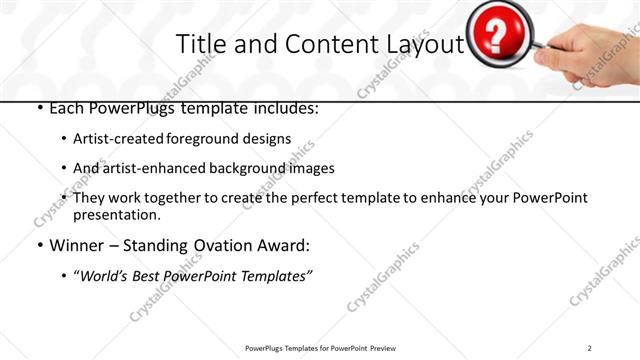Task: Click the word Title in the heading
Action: (199, 45)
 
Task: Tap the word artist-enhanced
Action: (145, 168)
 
